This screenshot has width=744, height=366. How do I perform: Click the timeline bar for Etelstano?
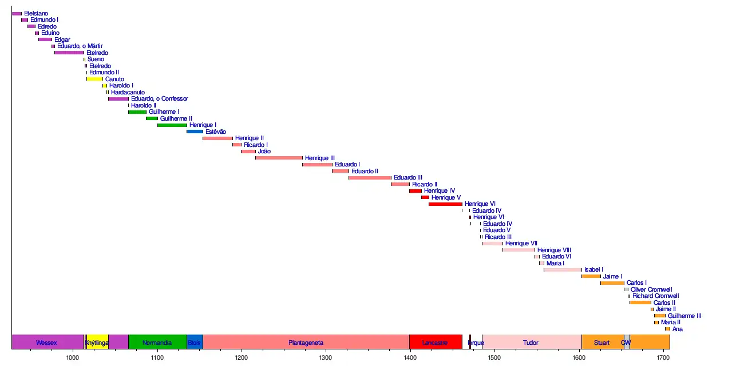[x=17, y=13]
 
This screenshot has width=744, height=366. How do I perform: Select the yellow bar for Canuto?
[x=95, y=79]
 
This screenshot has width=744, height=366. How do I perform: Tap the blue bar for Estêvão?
[x=195, y=132]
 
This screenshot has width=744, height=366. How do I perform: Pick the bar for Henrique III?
[x=279, y=158]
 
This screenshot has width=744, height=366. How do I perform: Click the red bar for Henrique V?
[x=425, y=197]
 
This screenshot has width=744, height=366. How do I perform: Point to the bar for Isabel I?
[x=563, y=269]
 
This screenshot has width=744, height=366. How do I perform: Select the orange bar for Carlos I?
[x=612, y=283]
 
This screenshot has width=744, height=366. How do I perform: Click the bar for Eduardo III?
[x=370, y=178]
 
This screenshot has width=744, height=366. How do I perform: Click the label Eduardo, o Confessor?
[x=159, y=99]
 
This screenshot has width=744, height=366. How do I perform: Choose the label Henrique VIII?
[x=554, y=250]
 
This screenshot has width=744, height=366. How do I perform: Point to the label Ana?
[x=678, y=329]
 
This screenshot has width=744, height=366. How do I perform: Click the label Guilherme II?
[x=176, y=118]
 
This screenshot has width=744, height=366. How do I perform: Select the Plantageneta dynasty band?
[x=306, y=343]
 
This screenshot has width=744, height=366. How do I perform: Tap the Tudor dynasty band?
[x=531, y=343]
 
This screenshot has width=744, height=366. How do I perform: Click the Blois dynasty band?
[x=195, y=343]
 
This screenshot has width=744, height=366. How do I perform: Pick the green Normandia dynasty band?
[x=157, y=343]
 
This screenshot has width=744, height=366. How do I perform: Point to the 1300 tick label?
[x=326, y=357]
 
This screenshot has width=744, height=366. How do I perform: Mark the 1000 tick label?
[x=73, y=357]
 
